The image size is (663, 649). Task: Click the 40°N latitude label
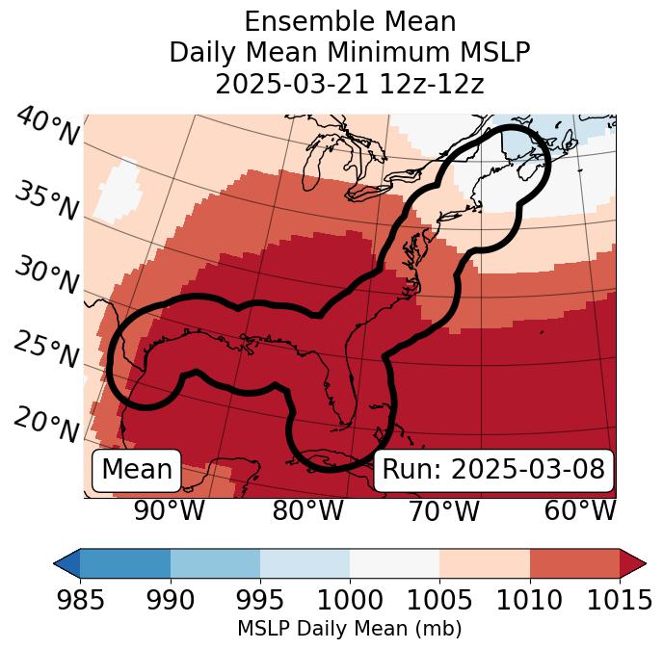pyautogui.click(x=46, y=127)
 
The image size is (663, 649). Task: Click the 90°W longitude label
pyautogui.click(x=170, y=511)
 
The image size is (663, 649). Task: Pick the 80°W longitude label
pyautogui.click(x=307, y=511)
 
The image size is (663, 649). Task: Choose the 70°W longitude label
pyautogui.click(x=443, y=511)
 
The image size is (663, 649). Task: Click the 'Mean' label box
pyautogui.click(x=136, y=470)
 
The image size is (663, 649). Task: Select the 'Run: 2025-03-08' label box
pyautogui.click(x=493, y=470)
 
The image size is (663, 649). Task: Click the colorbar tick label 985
pyautogui.click(x=80, y=601)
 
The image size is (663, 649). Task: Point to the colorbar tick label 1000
pyautogui.click(x=350, y=601)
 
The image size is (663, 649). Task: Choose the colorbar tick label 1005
pyautogui.click(x=439, y=601)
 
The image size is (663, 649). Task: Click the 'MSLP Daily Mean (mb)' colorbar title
pyautogui.click(x=349, y=630)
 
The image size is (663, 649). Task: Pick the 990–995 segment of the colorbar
pyautogui.click(x=215, y=562)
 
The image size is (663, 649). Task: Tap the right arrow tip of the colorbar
pyautogui.click(x=642, y=562)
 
